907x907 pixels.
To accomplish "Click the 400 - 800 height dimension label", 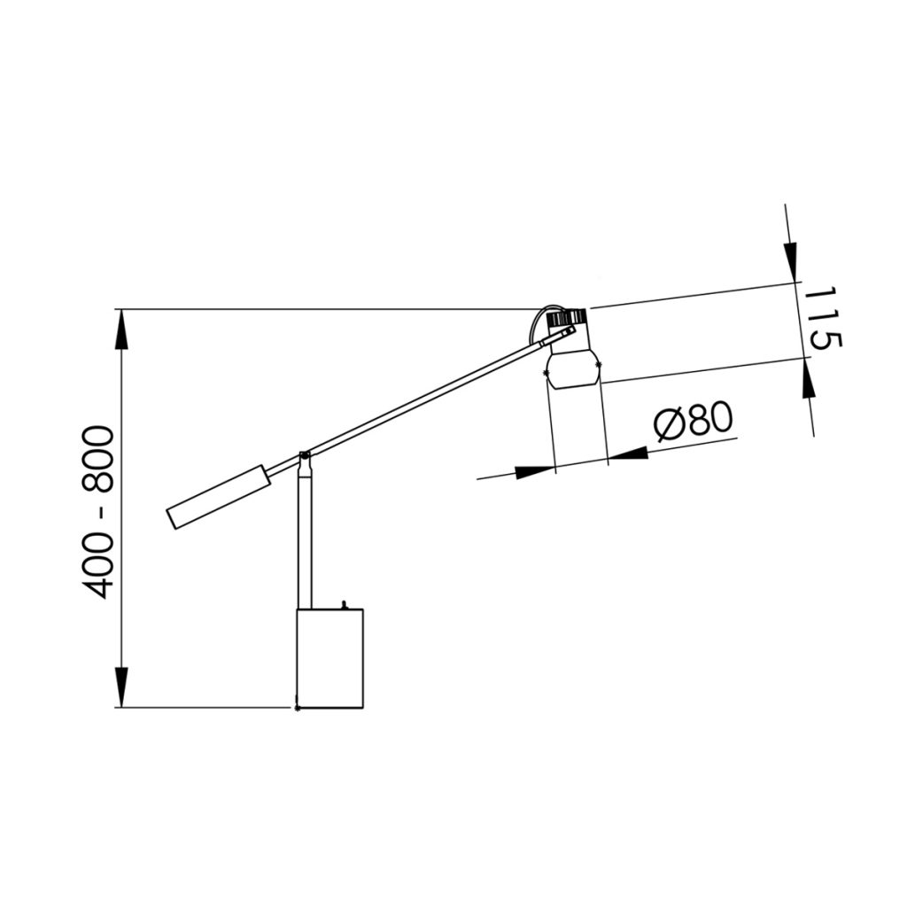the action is [97, 512].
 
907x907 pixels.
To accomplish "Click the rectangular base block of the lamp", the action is [329, 658].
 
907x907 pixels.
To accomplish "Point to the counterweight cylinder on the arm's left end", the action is [220, 496].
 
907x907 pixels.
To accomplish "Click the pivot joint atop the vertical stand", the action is [305, 460].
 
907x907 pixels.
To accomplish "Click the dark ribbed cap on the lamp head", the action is [568, 318].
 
